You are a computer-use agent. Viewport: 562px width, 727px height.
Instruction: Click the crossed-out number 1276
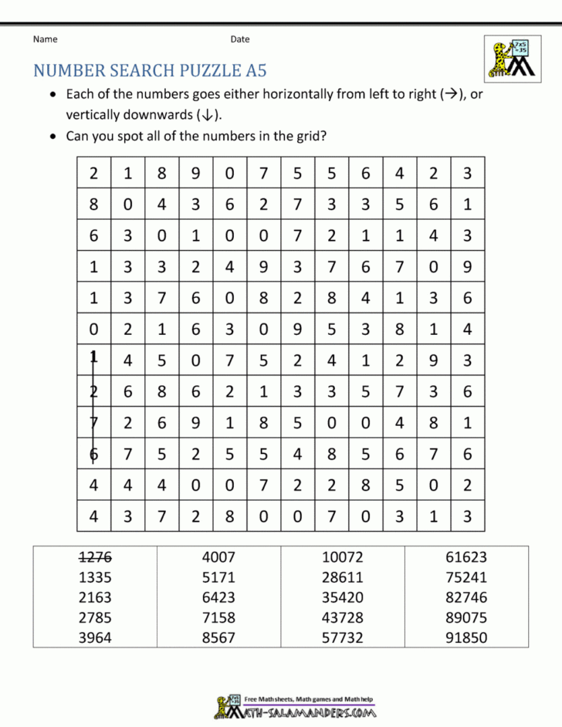click(x=94, y=557)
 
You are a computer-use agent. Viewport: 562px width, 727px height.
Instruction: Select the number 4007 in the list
click(x=218, y=557)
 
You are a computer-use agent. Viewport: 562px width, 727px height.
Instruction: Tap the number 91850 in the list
click(x=466, y=637)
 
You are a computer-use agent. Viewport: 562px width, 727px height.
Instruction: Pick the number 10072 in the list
click(x=343, y=557)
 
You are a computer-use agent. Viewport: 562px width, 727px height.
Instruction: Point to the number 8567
click(x=218, y=637)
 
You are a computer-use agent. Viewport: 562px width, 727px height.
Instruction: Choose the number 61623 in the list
click(x=466, y=557)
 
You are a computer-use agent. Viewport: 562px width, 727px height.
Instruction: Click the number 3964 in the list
click(x=94, y=637)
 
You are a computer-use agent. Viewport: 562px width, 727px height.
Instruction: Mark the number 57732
click(x=343, y=637)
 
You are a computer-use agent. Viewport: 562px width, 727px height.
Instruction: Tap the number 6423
click(x=218, y=597)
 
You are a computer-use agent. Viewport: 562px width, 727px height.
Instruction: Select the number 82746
click(x=466, y=597)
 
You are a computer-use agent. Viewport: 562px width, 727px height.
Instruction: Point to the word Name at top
click(x=45, y=39)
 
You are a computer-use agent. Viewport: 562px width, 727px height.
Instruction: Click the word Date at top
click(x=239, y=39)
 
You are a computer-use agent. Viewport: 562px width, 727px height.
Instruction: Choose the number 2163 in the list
click(x=94, y=597)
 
